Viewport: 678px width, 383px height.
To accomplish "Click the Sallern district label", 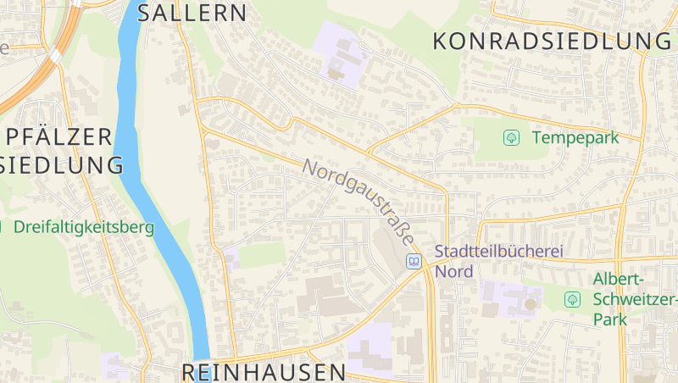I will [192, 13].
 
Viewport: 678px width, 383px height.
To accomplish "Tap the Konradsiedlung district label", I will [552, 40].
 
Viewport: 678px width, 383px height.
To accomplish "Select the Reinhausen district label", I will [264, 371].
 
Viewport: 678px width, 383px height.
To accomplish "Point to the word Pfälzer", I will [59, 136].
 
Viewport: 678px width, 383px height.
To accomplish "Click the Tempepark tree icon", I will [511, 136].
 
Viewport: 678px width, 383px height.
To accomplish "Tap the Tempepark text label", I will [575, 136].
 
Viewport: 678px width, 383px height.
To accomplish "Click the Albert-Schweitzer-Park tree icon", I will [572, 298].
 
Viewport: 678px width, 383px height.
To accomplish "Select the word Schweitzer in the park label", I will [634, 299].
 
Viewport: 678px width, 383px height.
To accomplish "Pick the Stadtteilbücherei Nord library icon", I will [414, 261].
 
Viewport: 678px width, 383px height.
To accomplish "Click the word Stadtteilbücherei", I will [498, 252].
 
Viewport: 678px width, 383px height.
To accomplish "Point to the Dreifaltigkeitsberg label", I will [83, 227].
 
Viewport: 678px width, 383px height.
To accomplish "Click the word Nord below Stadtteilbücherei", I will [453, 271].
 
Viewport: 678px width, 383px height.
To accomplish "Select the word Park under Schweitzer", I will [609, 319].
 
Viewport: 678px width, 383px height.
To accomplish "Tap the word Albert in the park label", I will [619, 280].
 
